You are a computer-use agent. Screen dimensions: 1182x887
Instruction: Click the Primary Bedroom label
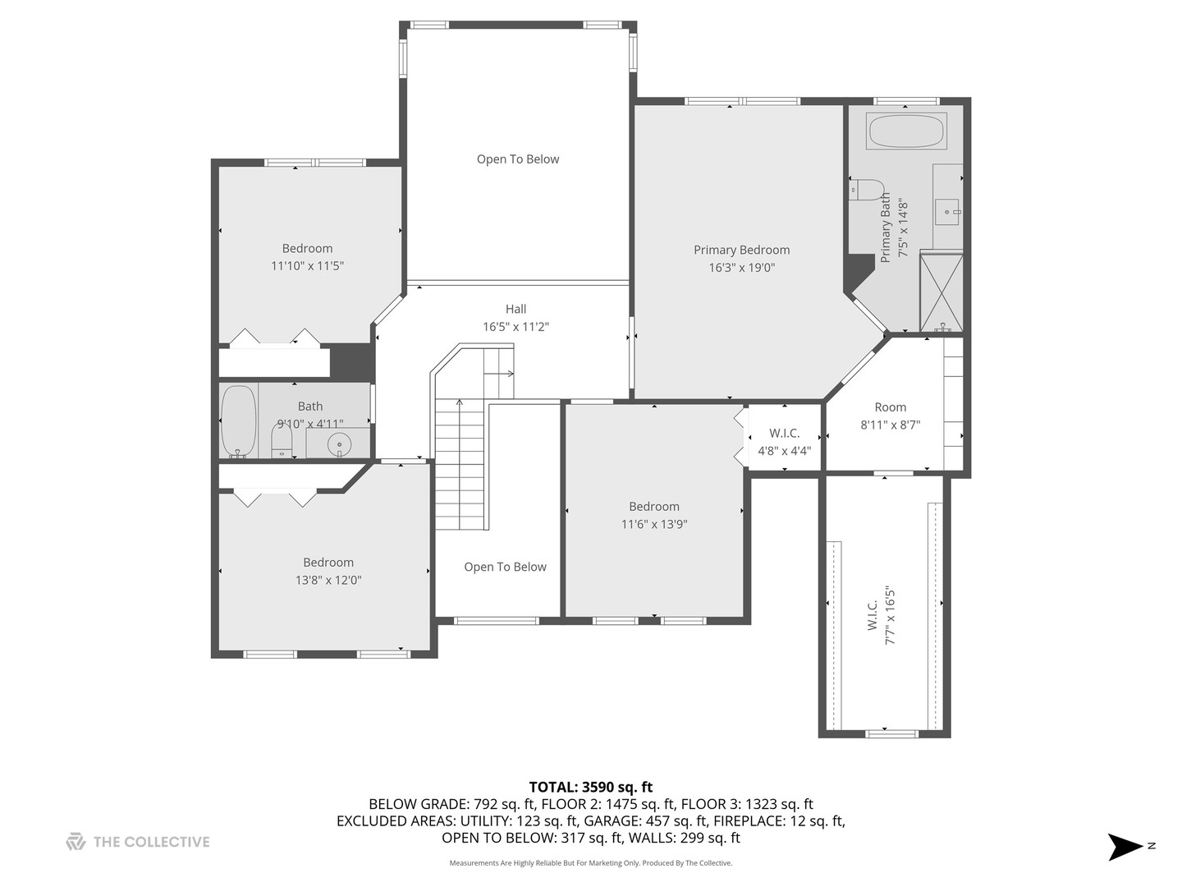[741, 250]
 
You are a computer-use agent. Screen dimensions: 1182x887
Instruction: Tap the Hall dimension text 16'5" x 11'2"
[515, 326]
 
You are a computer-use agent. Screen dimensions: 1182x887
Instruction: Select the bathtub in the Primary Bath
[906, 131]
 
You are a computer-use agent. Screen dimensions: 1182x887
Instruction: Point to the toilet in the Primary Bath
[867, 190]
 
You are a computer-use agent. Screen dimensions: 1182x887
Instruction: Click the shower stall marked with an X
[941, 292]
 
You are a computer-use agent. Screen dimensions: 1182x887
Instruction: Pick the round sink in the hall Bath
[339, 444]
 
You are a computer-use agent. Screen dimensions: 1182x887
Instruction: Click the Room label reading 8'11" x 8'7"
[890, 425]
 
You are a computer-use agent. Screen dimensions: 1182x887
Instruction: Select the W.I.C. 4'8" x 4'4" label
[785, 442]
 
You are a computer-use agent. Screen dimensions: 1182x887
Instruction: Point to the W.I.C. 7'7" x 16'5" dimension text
[890, 616]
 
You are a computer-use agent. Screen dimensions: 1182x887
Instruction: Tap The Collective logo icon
[76, 842]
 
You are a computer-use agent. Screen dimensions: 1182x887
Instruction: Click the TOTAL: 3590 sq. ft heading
[591, 788]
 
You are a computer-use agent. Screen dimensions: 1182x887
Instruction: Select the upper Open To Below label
[518, 159]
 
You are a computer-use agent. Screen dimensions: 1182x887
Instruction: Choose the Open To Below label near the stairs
[505, 567]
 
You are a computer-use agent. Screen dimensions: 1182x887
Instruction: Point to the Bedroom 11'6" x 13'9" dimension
[654, 524]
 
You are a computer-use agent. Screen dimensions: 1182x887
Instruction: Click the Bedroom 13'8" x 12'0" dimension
[328, 580]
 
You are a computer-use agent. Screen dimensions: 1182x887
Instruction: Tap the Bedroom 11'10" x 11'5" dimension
[308, 265]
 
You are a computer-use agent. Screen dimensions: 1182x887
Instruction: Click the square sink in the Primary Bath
[947, 212]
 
